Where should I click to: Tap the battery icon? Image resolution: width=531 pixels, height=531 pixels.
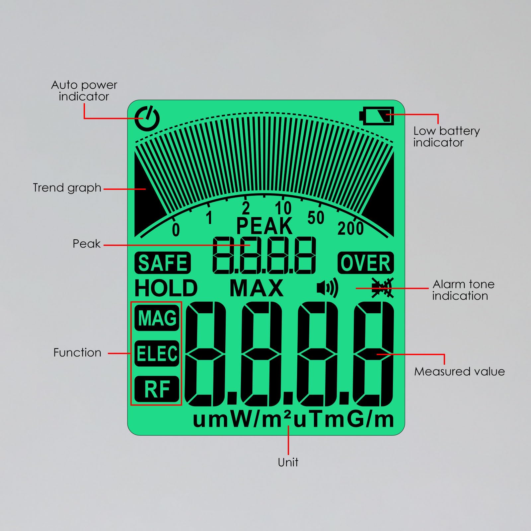[377, 116]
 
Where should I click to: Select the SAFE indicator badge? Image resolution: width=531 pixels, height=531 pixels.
[163, 263]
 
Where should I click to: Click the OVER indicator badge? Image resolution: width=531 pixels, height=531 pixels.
[365, 263]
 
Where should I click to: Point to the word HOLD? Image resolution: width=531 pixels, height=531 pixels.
[166, 288]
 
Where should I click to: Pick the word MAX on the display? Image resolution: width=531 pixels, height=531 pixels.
[257, 288]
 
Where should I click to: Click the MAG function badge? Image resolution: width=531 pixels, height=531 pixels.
[157, 318]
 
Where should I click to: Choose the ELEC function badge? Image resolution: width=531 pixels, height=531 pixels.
[157, 353]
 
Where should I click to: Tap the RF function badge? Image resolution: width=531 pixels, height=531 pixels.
[157, 389]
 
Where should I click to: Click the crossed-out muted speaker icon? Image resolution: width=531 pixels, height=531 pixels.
[382, 288]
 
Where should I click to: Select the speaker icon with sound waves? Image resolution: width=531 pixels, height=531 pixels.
[327, 288]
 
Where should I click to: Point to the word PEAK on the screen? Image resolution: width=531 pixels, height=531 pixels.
[264, 226]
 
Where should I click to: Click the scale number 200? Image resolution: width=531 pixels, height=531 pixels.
[350, 229]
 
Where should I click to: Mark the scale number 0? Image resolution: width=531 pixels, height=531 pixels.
[176, 230]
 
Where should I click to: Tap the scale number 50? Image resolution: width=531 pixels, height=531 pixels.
[316, 218]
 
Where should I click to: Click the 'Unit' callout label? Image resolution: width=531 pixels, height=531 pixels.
[288, 462]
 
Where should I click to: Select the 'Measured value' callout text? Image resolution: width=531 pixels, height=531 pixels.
[459, 371]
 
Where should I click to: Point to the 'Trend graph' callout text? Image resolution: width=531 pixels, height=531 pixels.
[67, 188]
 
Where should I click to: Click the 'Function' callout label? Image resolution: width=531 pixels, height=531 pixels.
[77, 352]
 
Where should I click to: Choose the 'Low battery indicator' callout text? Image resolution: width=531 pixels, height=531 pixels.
[446, 136]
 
